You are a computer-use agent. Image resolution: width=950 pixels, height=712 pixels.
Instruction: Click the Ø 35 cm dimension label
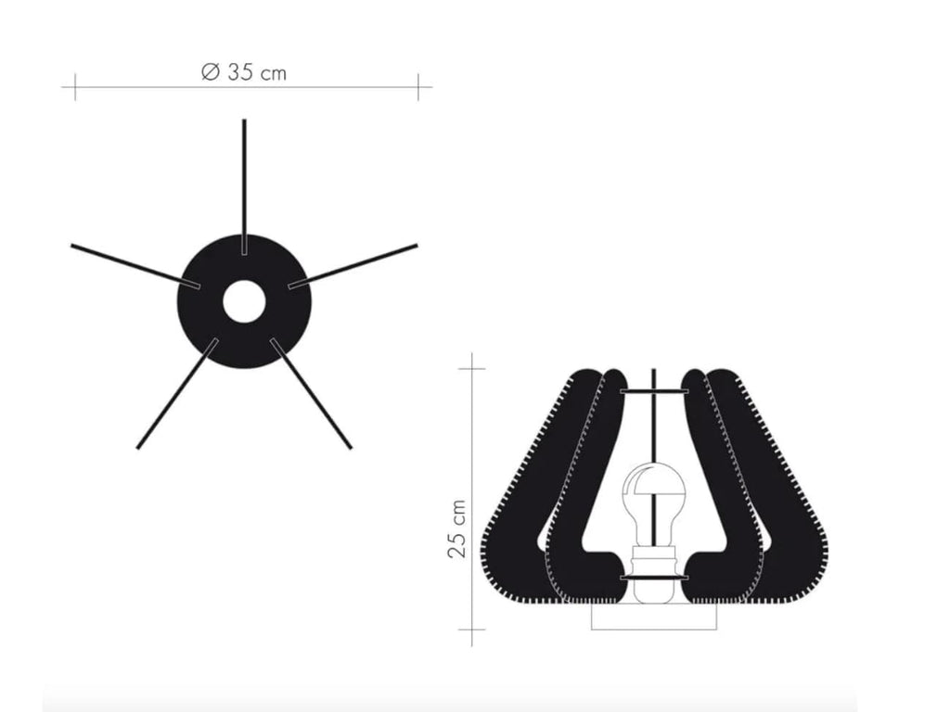[244, 72]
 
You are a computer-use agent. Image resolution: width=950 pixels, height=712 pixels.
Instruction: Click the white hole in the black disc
[243, 302]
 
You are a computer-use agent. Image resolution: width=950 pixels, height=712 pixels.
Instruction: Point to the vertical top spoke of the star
[244, 167]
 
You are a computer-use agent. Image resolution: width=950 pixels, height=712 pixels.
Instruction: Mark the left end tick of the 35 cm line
[74, 87]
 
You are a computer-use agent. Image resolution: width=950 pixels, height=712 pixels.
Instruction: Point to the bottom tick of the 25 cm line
[473, 630]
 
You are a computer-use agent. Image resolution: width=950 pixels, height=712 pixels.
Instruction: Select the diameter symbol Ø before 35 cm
[209, 72]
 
